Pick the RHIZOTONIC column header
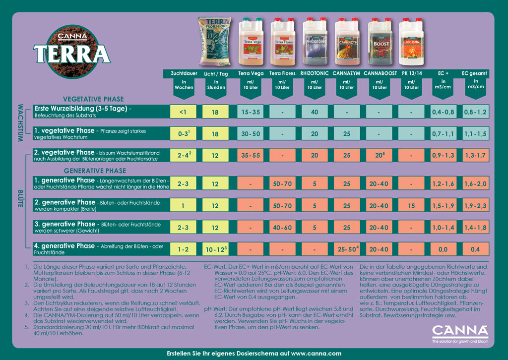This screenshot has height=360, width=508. tap(315, 73)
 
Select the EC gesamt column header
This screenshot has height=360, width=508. tap(474, 73)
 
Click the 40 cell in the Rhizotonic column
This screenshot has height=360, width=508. tap(315, 112)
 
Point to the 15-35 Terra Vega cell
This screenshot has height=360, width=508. tap(251, 112)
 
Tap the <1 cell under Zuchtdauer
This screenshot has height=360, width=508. tap(183, 112)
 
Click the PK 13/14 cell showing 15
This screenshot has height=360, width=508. tap(411, 206)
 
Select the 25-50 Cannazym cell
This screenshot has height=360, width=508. tap(347, 249)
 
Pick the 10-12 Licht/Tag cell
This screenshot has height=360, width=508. tap(215, 249)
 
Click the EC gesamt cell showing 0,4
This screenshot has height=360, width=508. tap(475, 249)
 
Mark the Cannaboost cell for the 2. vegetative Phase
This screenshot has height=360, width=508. tap(380, 156)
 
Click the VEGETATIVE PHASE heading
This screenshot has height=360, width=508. tap(94, 99)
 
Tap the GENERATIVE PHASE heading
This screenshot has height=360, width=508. tap(95, 171)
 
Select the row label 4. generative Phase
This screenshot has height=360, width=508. tap(64, 246)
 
